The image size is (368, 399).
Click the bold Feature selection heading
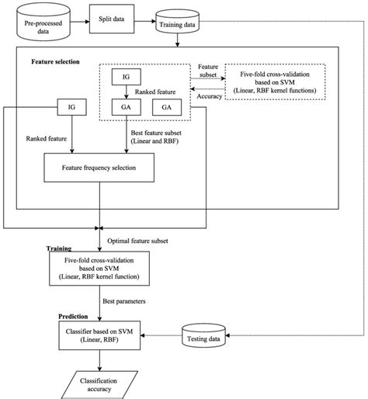[x=55, y=61]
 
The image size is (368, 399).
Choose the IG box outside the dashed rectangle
[x=71, y=106]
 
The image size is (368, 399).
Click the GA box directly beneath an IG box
[x=125, y=107]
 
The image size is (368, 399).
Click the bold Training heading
[x=59, y=249]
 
